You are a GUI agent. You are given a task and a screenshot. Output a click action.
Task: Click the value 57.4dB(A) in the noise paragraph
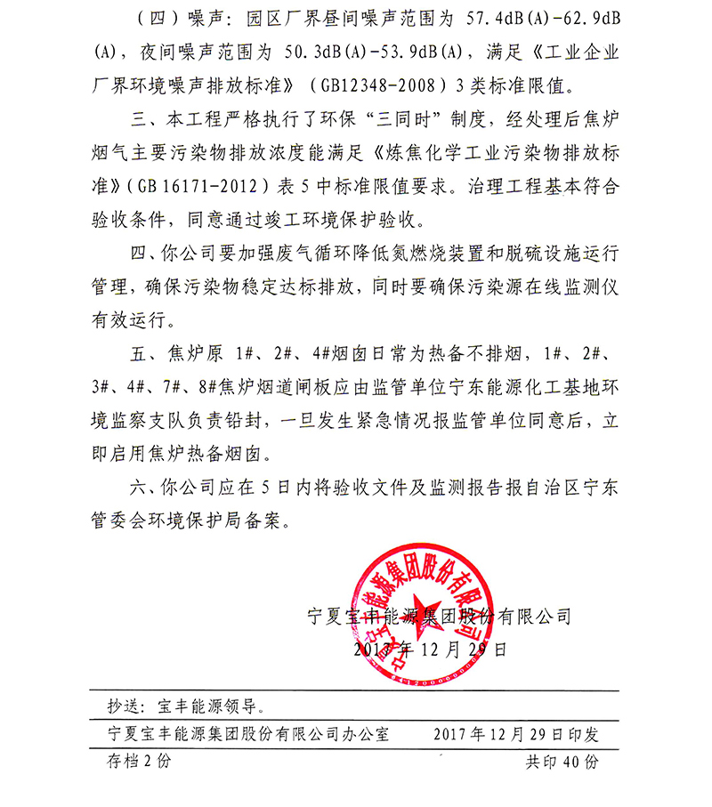[465, 18]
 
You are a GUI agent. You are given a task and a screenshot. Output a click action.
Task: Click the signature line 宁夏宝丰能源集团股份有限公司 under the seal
[437, 615]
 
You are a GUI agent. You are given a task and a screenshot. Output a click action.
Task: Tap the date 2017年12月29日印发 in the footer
[515, 735]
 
